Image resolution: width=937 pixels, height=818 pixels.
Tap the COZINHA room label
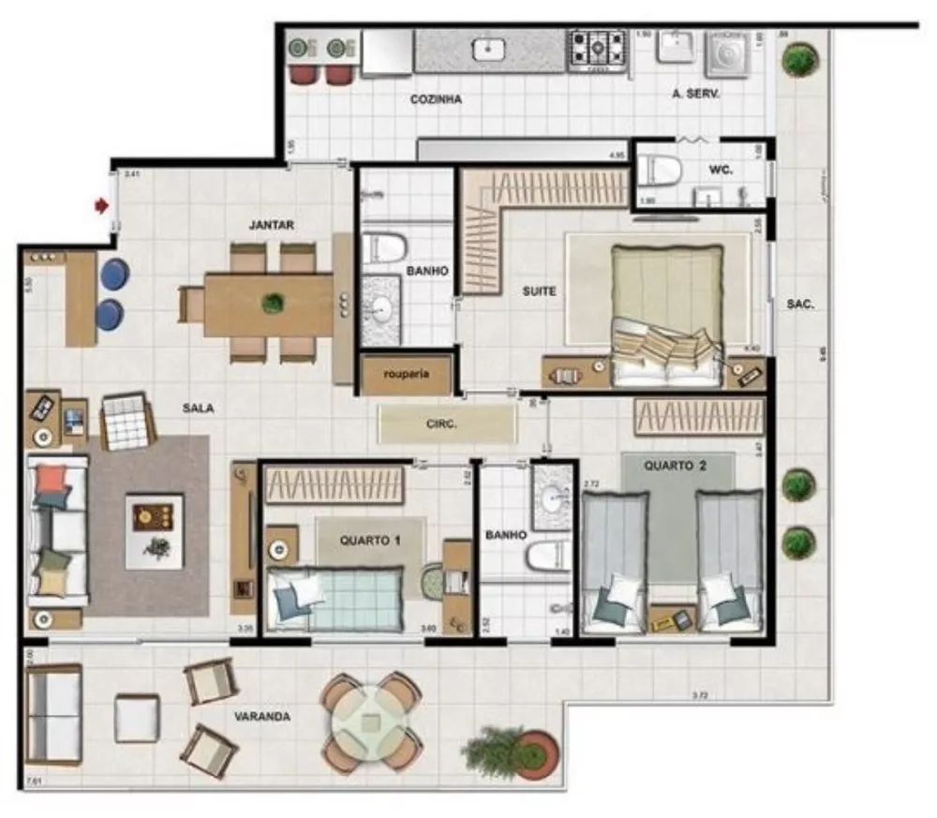click(436, 99)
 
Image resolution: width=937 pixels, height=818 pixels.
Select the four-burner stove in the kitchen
click(597, 49)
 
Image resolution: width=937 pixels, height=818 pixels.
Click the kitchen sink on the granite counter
click(489, 49)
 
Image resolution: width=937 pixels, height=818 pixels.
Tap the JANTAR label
click(272, 225)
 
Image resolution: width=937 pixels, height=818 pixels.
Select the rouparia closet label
click(406, 373)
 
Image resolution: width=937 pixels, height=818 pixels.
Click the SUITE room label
click(539, 291)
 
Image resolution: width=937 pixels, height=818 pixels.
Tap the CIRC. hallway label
click(440, 424)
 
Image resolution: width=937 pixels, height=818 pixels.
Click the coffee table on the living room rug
click(154, 530)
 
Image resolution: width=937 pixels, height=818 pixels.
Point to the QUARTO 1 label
click(370, 540)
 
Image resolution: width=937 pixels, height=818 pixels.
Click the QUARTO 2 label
click(675, 466)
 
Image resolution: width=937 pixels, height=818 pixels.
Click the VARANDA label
click(261, 717)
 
